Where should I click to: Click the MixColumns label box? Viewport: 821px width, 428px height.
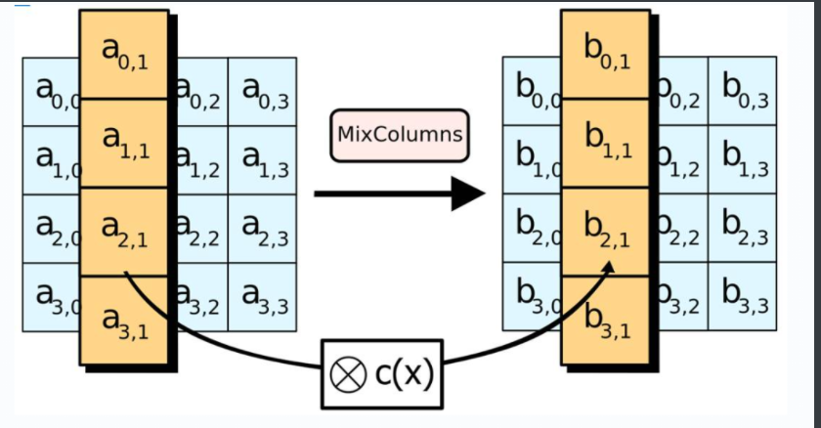399,133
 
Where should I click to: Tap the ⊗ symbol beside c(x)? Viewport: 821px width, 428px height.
344,374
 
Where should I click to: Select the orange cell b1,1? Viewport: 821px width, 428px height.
605,144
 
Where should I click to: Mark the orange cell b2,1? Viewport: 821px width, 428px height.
605,232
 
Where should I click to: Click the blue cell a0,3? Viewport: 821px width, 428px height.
262,92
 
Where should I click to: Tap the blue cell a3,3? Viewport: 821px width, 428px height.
262,297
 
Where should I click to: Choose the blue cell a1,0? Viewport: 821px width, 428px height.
49,160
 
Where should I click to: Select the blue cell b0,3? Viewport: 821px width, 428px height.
743,92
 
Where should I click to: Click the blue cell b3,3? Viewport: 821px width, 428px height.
743,297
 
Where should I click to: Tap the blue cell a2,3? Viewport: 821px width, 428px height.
262,229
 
